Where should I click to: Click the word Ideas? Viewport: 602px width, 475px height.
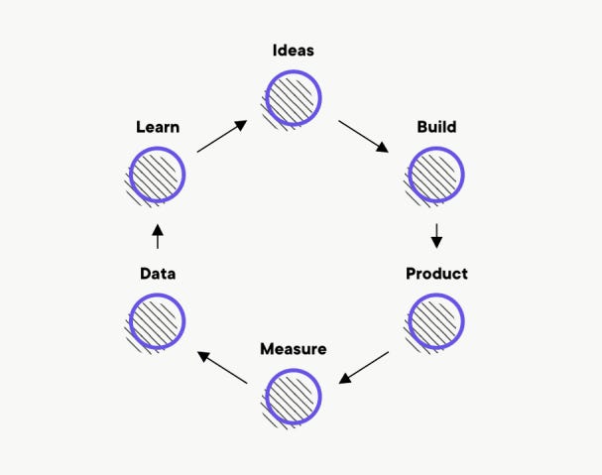coord(294,50)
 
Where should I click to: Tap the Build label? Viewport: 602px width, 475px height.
coord(436,127)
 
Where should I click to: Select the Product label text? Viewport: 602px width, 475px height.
coord(436,273)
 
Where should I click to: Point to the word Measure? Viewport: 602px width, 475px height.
coord(293,349)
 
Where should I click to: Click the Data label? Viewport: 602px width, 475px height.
coord(158,273)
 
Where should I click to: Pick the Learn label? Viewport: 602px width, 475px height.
coord(158,127)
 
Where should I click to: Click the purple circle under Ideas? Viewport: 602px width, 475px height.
coord(294,97)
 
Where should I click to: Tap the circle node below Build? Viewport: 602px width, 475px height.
coord(436,175)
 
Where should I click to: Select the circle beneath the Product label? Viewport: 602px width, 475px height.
coord(436,321)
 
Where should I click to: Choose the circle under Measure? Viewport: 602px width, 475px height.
coord(294,397)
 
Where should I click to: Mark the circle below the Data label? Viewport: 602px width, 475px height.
coord(158,321)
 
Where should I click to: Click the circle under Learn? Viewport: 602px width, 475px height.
coord(158,175)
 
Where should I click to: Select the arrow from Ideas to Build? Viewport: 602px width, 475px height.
coord(364,136)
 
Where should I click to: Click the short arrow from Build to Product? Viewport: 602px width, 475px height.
coord(436,236)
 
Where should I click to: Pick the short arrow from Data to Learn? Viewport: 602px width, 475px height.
coord(158,236)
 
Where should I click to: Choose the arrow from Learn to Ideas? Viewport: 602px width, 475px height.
coord(222,136)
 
